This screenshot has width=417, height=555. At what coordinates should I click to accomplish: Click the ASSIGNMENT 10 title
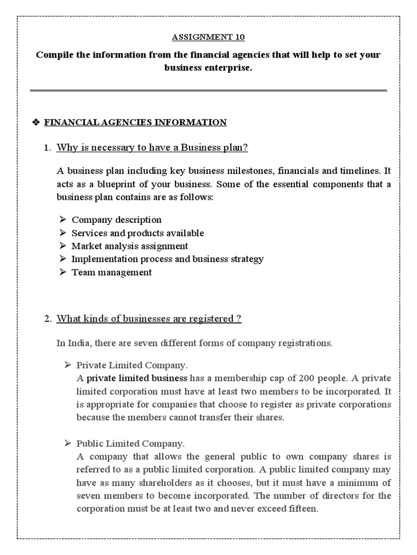click(208, 37)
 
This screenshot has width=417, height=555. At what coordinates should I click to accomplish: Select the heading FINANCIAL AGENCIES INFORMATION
click(135, 122)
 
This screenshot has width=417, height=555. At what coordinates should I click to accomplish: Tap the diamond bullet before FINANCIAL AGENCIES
click(36, 122)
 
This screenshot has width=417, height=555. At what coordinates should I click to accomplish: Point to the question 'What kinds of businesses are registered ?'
click(149, 319)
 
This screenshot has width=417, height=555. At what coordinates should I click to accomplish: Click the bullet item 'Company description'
click(117, 220)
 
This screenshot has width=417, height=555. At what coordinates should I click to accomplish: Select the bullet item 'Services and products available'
click(138, 233)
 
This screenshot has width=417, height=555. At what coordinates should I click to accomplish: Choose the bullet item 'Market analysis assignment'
click(130, 246)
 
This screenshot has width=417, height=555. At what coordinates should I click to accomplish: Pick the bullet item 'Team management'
click(112, 272)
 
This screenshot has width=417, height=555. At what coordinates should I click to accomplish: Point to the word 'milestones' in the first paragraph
click(247, 171)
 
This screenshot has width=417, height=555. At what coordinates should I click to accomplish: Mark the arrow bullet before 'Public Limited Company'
click(68, 443)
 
